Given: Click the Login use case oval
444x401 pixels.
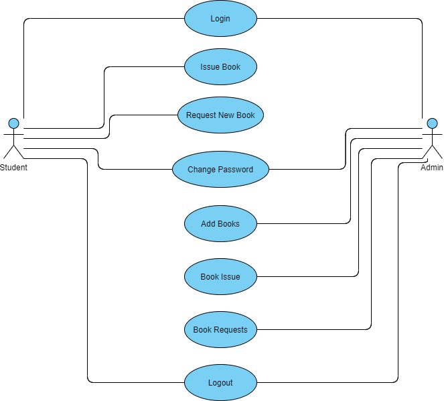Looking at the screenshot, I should tap(220, 18).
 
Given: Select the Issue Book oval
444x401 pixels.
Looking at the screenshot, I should tap(220, 66).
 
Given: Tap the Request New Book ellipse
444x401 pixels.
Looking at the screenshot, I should tap(220, 115).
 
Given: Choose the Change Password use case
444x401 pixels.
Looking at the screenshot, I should tap(220, 170).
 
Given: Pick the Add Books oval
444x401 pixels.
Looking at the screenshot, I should tap(220, 223).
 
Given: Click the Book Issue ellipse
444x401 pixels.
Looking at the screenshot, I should tap(220, 276).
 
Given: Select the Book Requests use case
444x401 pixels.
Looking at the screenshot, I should tap(220, 329).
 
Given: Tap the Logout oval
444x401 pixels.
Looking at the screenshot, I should tap(220, 382).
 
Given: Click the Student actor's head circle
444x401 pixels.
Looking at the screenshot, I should tap(13, 123).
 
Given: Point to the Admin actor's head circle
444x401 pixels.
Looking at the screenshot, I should tap(432, 123).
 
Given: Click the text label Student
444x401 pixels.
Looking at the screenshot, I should tap(13, 168).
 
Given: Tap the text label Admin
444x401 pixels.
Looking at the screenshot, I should tap(431, 168).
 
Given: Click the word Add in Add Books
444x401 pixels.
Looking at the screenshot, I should tap(209, 223).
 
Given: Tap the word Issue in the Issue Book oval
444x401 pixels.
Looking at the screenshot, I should tap(210, 66).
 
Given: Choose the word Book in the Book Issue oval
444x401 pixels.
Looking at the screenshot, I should tap(210, 276).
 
